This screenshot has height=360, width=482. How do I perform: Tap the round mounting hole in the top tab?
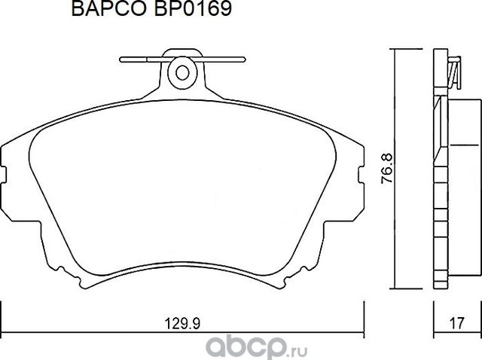point(182,72)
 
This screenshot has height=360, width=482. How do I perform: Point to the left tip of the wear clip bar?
point(123,57)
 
